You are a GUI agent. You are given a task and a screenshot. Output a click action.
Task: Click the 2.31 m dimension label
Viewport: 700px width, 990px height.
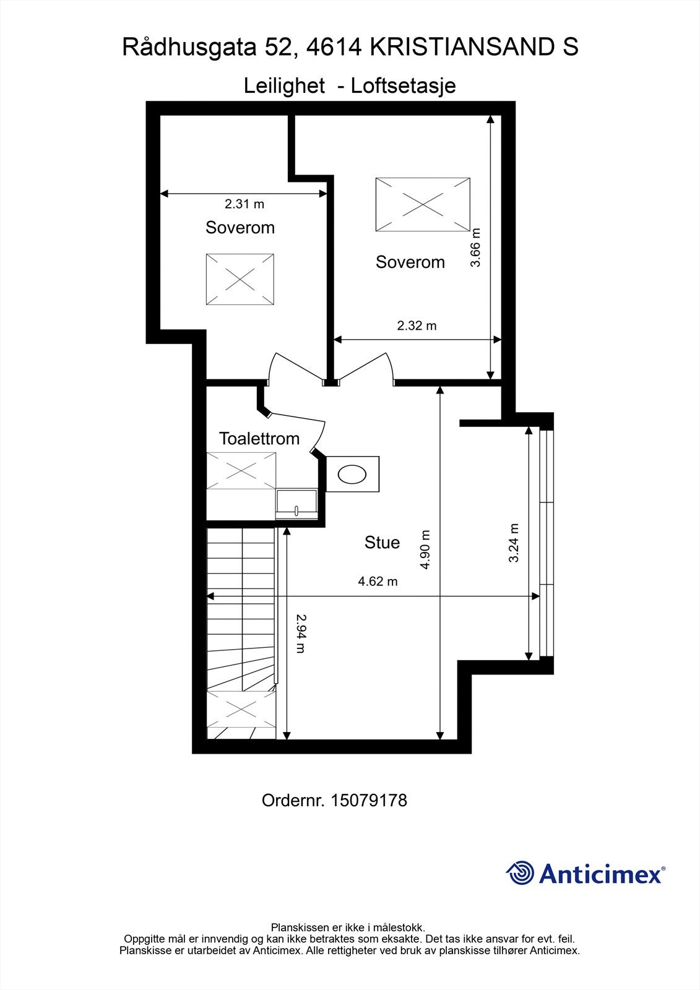point(244,204)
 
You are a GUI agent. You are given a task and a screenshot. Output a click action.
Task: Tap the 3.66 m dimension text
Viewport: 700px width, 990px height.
point(475,247)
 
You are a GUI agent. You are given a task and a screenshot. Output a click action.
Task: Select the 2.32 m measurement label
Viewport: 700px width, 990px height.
point(417,325)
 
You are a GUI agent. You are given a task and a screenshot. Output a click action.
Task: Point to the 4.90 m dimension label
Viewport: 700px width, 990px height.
point(425,550)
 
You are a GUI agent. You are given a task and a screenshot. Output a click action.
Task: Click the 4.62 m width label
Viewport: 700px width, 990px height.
point(378,582)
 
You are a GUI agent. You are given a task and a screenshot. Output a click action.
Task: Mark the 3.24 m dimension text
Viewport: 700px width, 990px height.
point(514,543)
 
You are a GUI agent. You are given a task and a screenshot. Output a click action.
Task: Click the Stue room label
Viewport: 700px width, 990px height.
point(382,543)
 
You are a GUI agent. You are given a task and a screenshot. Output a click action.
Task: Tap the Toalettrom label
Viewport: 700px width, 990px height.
point(259,439)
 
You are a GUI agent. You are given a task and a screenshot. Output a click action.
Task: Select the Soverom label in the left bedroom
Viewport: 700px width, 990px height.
point(240,228)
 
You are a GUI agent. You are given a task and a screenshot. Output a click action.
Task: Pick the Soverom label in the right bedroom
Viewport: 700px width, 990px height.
point(410,262)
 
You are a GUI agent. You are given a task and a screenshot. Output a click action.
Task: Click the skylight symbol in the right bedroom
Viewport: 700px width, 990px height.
point(423,205)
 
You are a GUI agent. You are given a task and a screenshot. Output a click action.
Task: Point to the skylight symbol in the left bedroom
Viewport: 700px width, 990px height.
point(240,279)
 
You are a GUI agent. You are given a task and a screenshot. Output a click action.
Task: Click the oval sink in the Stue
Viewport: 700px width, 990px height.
point(352,475)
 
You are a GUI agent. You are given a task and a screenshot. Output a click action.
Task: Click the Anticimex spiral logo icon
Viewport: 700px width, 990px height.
point(520,873)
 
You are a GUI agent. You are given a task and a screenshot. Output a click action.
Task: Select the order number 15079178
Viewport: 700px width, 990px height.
point(369,801)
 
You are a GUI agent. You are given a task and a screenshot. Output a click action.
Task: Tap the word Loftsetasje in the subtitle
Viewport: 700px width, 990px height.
point(403,85)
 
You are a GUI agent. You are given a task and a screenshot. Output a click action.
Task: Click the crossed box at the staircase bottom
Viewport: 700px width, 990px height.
point(241,709)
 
